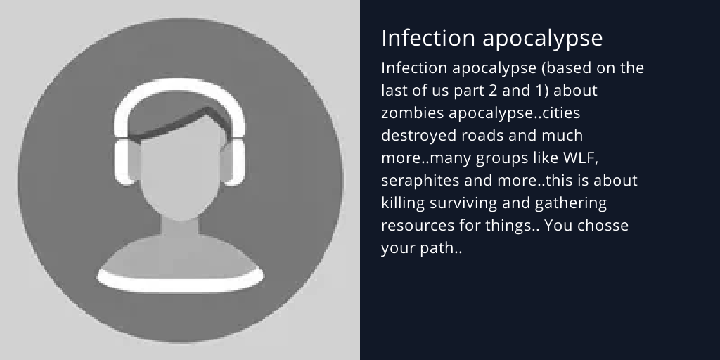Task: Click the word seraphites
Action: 419,180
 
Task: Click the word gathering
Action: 567,204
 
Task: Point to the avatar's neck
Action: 181,229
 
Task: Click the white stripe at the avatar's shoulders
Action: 180,281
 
